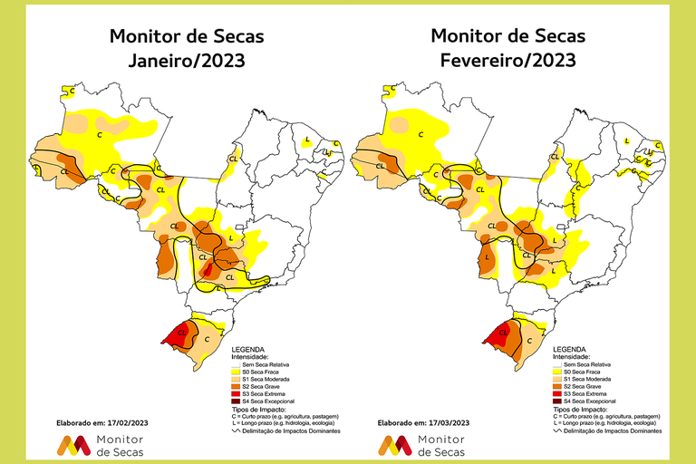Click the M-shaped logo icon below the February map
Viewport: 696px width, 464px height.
tap(392, 445)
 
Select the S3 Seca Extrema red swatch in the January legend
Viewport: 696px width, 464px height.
tap(237, 393)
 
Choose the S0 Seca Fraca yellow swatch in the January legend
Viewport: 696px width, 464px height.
tap(237, 372)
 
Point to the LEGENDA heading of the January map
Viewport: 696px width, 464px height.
tap(249, 349)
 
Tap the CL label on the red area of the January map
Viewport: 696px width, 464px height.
tap(183, 333)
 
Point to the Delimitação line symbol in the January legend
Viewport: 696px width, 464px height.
tap(237, 430)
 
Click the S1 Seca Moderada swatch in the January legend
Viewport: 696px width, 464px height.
tap(237, 379)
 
